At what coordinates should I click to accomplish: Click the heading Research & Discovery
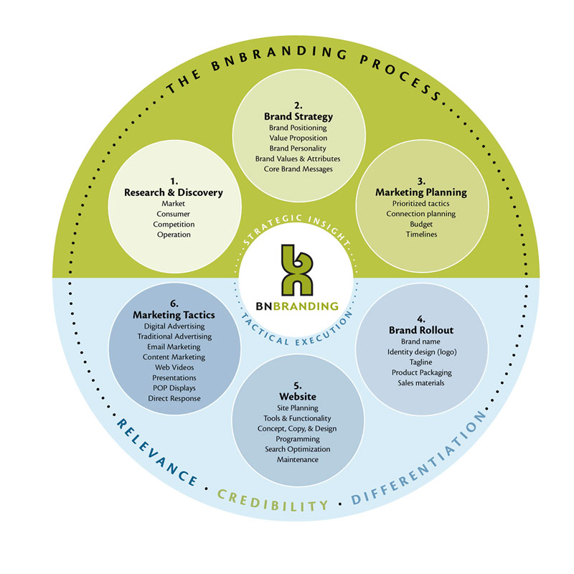point(173,192)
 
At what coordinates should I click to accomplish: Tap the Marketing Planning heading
point(420,192)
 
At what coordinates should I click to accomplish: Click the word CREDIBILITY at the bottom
point(273,502)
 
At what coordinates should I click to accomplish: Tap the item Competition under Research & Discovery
point(173,224)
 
